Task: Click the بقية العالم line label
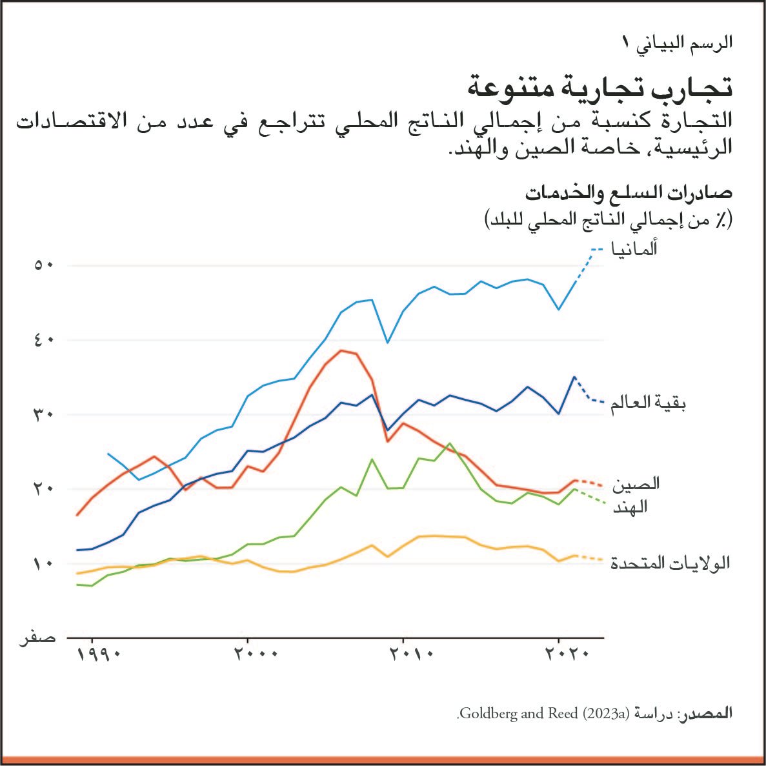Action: [x=647, y=404]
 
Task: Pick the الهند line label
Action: [x=630, y=507]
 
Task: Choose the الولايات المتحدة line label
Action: [x=670, y=563]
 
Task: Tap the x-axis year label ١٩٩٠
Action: [x=99, y=654]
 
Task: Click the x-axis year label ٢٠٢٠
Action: [x=567, y=654]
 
